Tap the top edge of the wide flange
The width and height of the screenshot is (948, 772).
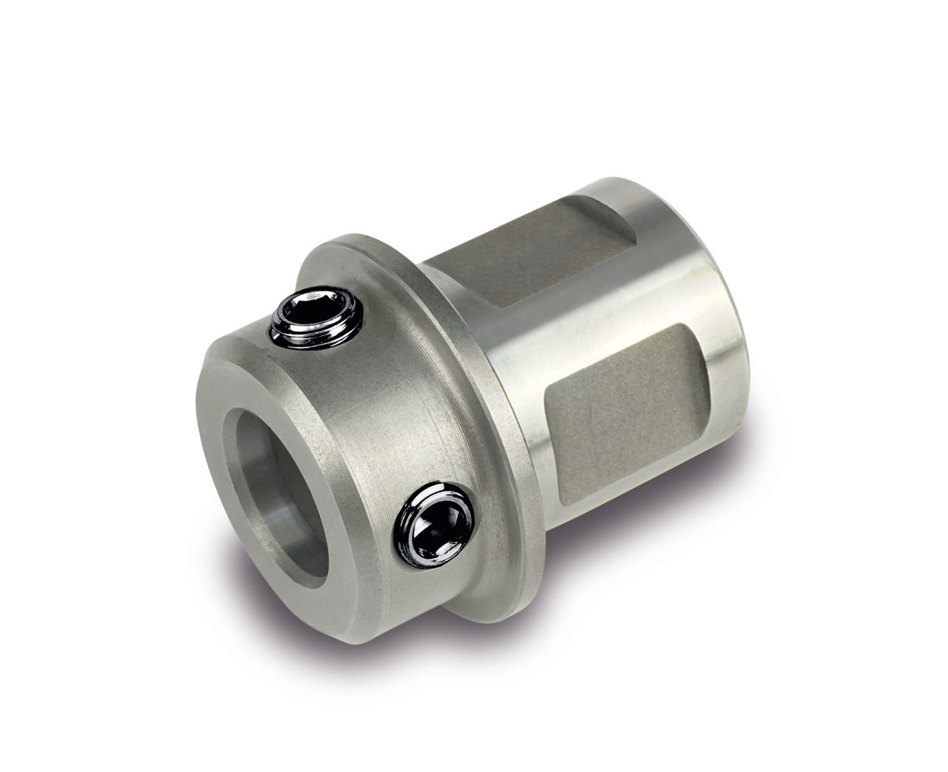coord(357,236)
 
